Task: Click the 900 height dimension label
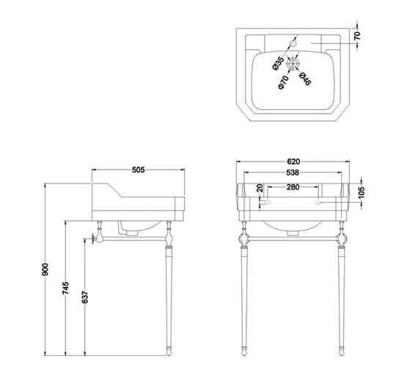coord(45,269)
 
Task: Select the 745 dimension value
coord(65,288)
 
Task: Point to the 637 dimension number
coord(84,297)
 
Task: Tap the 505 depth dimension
coord(139,170)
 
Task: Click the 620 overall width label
coord(293,162)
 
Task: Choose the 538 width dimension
coord(293,173)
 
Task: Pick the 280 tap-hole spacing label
coord(293,187)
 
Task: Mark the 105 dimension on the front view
coord(361,192)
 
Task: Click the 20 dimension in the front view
coord(260,188)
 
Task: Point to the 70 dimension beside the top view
coord(357,35)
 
